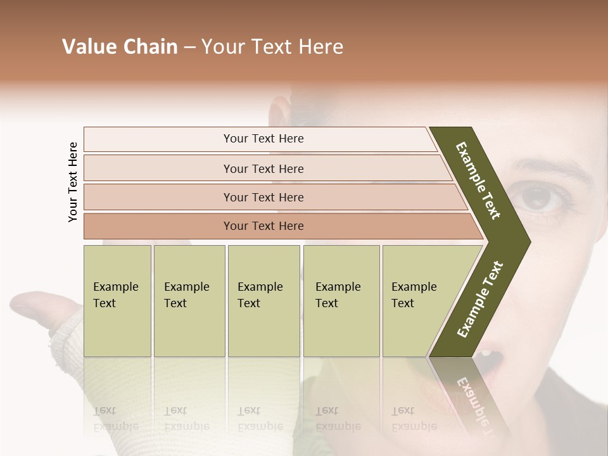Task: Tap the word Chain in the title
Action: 148,47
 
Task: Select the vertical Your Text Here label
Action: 73,182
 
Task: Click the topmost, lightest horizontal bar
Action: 263,139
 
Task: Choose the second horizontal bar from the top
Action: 263,168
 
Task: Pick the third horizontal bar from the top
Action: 263,197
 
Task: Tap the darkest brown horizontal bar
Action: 263,226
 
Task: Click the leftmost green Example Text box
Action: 117,301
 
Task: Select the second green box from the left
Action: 189,301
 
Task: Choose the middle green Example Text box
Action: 263,301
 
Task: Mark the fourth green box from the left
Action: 341,301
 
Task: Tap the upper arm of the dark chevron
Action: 478,180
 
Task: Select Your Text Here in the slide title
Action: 272,47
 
